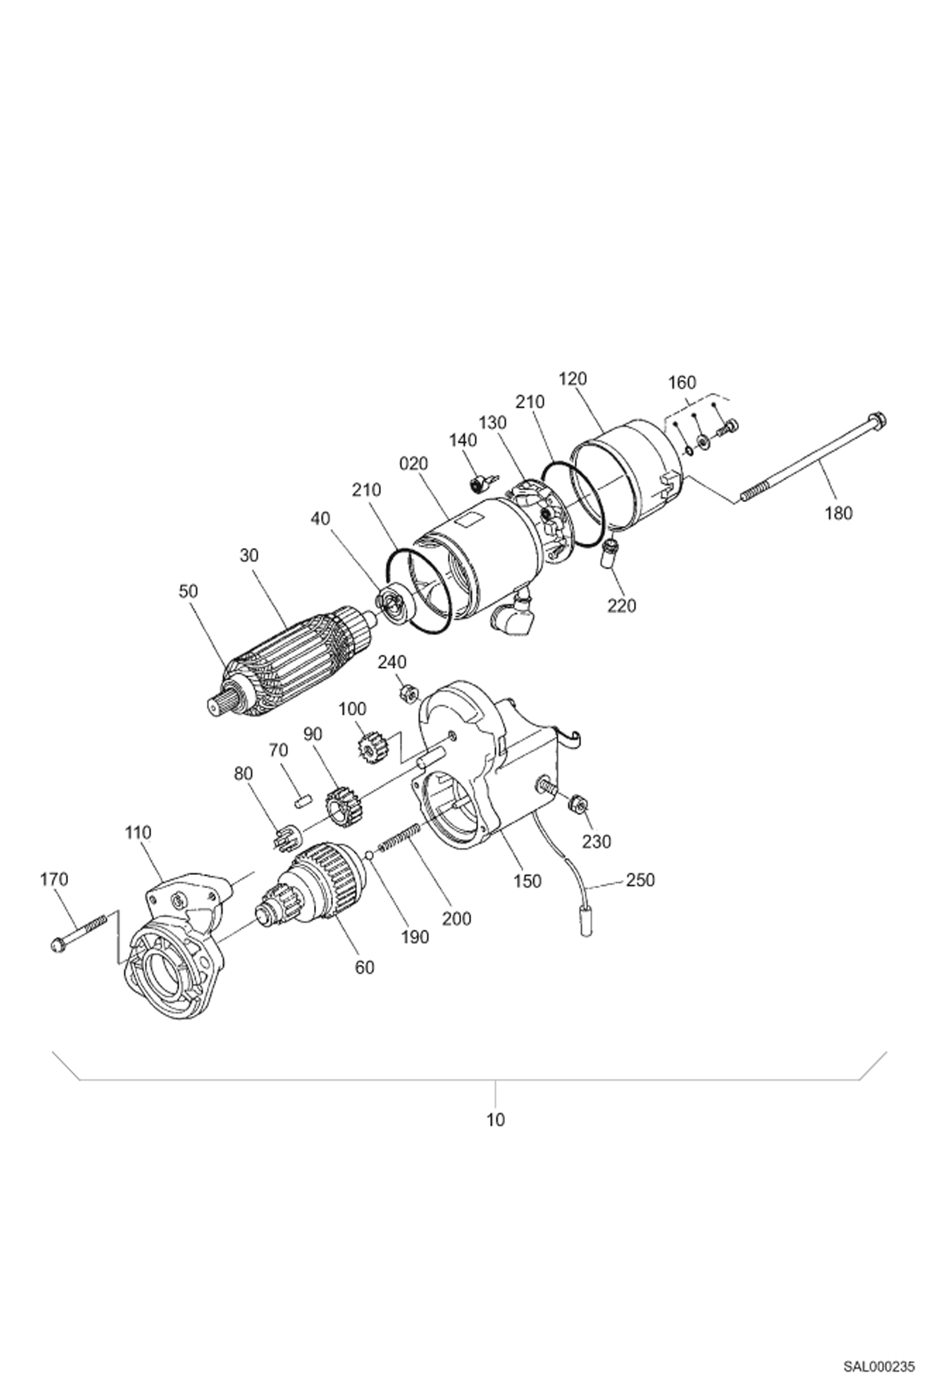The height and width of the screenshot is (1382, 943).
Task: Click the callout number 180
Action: pyautogui.click(x=838, y=513)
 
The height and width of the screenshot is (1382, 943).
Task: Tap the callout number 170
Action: pyautogui.click(x=54, y=879)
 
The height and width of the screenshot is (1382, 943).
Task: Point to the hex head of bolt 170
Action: pyautogui.click(x=57, y=945)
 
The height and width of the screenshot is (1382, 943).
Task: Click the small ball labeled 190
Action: pyautogui.click(x=370, y=855)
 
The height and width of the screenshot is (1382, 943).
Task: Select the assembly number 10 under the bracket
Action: pyautogui.click(x=495, y=1120)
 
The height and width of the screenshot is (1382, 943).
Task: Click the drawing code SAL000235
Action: pyautogui.click(x=879, y=1362)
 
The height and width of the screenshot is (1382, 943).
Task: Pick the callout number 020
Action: pyautogui.click(x=414, y=464)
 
